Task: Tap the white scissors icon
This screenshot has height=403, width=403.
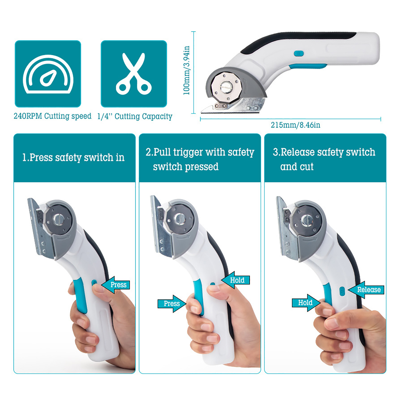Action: tap(134, 74)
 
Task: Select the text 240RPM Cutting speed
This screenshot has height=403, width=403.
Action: tap(52, 116)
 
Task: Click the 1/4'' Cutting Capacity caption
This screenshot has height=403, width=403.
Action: tap(135, 116)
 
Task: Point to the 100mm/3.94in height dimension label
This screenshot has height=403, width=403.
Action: tap(186, 71)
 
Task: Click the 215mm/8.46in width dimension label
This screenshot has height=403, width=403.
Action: tap(295, 125)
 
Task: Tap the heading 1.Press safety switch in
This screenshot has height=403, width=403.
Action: tap(73, 158)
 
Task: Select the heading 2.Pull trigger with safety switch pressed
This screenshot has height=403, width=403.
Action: tap(200, 159)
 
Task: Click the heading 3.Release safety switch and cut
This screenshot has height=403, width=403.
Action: tap(324, 159)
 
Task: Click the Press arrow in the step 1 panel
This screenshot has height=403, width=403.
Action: tap(116, 285)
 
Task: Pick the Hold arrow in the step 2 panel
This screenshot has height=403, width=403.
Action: tap(236, 280)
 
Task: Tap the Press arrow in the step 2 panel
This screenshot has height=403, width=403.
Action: tap(172, 304)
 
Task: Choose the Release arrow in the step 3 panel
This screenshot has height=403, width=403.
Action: tap(366, 290)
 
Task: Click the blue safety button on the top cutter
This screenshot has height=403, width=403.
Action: tap(299, 53)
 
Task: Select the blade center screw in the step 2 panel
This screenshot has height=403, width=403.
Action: tap(180, 218)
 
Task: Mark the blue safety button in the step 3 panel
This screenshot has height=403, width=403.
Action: tap(342, 291)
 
